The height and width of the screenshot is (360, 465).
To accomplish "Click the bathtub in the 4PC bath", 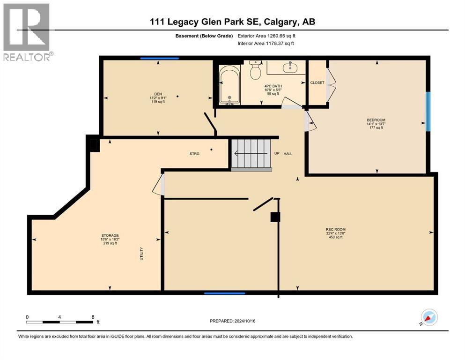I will (x=229, y=85).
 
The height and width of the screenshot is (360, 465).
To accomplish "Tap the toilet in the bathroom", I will (x=255, y=71).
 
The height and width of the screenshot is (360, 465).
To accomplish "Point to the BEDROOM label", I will (x=376, y=120).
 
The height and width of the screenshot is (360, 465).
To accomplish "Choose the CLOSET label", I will (x=317, y=82).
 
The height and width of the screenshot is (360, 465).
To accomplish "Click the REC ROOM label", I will (x=335, y=230).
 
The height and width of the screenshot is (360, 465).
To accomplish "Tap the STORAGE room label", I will (x=110, y=235).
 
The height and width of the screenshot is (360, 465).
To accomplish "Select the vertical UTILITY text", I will (x=141, y=254).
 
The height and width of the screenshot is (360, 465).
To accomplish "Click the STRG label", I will (x=194, y=153).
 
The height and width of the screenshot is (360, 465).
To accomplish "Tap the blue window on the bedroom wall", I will (x=428, y=111).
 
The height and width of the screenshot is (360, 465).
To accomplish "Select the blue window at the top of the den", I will (x=160, y=59).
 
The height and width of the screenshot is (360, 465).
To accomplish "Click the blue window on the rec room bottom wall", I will (x=224, y=293).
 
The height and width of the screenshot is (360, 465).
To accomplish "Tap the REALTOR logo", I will (x=27, y=32).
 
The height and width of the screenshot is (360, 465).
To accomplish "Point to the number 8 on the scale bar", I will (x=93, y=317).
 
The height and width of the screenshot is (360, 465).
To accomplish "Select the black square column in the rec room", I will (x=275, y=217).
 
